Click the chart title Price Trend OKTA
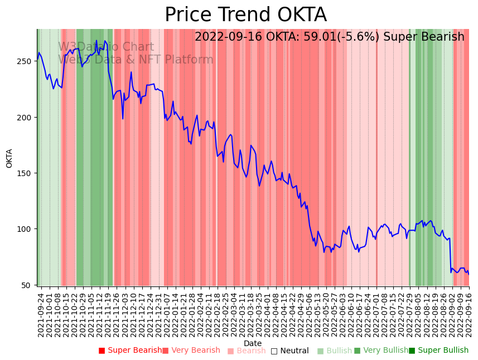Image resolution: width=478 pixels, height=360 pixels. pos(245,15)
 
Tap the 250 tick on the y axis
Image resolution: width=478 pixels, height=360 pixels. pos(27,61)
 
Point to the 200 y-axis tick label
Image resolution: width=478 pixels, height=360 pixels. pos(27,117)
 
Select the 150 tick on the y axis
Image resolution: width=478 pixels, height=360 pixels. pos(27,173)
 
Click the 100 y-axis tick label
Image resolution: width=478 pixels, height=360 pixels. pos(27,229)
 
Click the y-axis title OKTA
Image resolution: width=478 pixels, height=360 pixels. pos(9,158)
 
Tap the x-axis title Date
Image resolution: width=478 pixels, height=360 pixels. pos(253,343)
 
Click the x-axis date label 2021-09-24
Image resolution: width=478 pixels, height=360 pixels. pos(41,313)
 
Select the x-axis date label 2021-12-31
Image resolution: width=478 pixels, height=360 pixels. pos(158,313)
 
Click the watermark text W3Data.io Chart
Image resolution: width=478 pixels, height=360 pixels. pos(106,47)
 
